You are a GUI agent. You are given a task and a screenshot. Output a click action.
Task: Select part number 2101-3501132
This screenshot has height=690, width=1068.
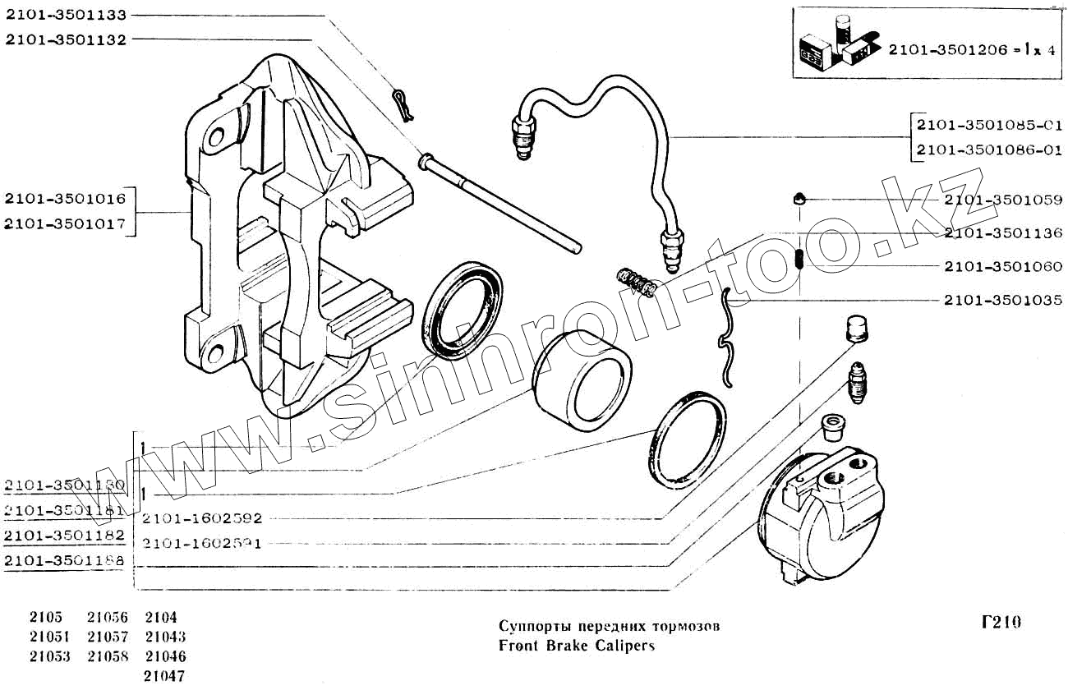click(x=65, y=39)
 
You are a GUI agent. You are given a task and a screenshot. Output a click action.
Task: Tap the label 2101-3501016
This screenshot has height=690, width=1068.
click(x=65, y=198)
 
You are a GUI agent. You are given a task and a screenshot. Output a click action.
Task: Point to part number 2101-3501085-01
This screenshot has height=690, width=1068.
click(x=989, y=126)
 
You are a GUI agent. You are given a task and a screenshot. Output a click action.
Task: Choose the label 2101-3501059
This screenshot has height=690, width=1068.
click(x=1003, y=200)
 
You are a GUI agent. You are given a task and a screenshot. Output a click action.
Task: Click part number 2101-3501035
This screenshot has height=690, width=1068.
click(x=1003, y=300)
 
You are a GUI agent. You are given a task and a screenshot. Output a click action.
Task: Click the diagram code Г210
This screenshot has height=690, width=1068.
click(x=1001, y=623)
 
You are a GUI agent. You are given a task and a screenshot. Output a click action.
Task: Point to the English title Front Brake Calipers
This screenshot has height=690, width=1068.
click(x=577, y=645)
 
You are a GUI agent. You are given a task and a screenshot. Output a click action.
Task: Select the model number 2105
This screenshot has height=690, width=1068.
click(x=45, y=617)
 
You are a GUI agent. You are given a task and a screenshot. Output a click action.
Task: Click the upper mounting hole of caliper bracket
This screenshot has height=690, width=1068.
click(x=219, y=135)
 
